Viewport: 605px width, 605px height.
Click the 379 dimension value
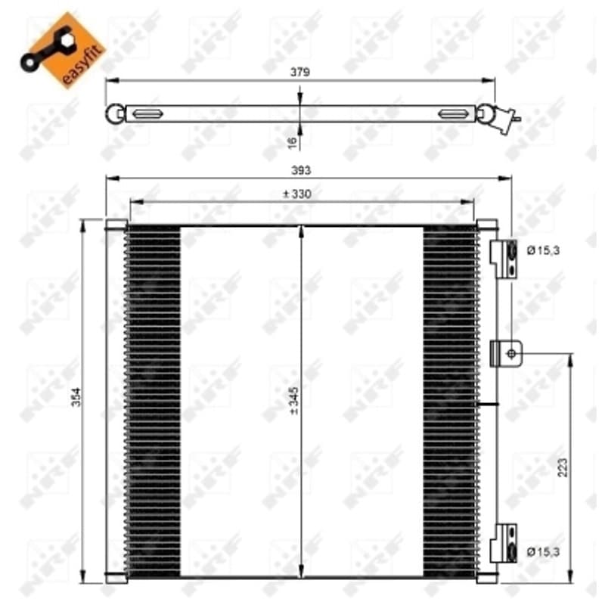tap(299, 72)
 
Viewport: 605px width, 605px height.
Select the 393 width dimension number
tap(300, 170)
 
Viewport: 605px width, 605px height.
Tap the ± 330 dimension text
tap(296, 194)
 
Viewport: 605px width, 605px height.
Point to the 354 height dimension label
tap(76, 396)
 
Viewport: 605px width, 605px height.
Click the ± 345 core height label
tap(294, 401)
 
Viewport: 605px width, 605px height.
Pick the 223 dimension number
tap(563, 467)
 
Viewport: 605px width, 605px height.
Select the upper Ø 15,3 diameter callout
tap(543, 251)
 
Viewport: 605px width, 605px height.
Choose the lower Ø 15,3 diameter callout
tap(543, 552)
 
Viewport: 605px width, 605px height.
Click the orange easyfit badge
tap(63, 50)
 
